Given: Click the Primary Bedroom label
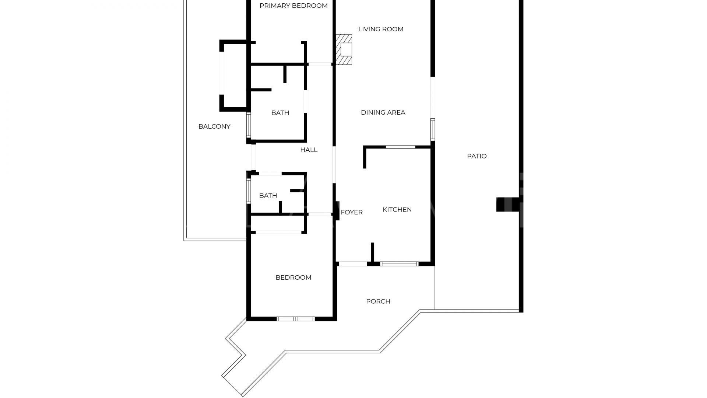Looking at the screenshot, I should [x=293, y=6].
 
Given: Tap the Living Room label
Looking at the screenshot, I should [x=381, y=29].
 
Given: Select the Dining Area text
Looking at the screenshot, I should [x=383, y=112].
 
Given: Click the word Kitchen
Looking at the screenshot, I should [x=397, y=210].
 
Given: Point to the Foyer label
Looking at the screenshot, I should [x=352, y=212].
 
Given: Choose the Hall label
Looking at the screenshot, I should [x=309, y=150].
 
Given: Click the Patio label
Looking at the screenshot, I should [x=477, y=156].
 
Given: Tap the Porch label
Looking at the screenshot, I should [x=378, y=301].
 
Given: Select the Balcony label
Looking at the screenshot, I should [x=214, y=126].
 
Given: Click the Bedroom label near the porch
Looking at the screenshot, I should [x=293, y=277].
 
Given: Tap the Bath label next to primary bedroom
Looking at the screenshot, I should [x=280, y=113].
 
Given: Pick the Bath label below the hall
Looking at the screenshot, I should [x=268, y=196].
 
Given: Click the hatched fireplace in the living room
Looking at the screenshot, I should [x=344, y=49].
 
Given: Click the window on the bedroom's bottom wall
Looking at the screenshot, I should [x=296, y=319].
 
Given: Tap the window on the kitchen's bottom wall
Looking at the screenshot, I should [x=399, y=264].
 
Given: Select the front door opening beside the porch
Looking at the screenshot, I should [x=352, y=264].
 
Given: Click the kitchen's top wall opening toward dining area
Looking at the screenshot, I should [x=400, y=147].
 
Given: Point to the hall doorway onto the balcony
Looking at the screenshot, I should [x=253, y=157].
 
